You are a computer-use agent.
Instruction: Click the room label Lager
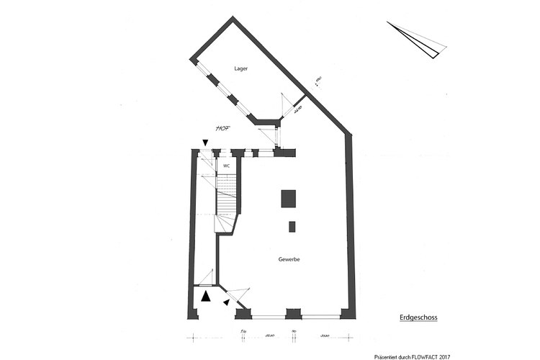point(241,69)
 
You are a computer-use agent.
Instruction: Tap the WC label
point(226,166)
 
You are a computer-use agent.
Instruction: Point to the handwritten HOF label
point(222,129)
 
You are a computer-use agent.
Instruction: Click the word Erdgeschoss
point(418,317)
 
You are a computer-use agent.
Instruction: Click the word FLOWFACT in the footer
point(429,356)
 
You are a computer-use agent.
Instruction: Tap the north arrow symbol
point(418,40)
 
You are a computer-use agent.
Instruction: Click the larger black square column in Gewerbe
point(289,198)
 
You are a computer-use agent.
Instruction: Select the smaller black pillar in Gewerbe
point(292,227)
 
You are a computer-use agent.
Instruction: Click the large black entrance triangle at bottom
point(206,295)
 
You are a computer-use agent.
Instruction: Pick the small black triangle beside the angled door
point(226,302)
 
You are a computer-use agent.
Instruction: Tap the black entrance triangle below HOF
point(205,143)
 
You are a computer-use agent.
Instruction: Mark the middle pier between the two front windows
point(292,313)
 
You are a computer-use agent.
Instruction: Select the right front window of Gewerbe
point(321,316)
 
